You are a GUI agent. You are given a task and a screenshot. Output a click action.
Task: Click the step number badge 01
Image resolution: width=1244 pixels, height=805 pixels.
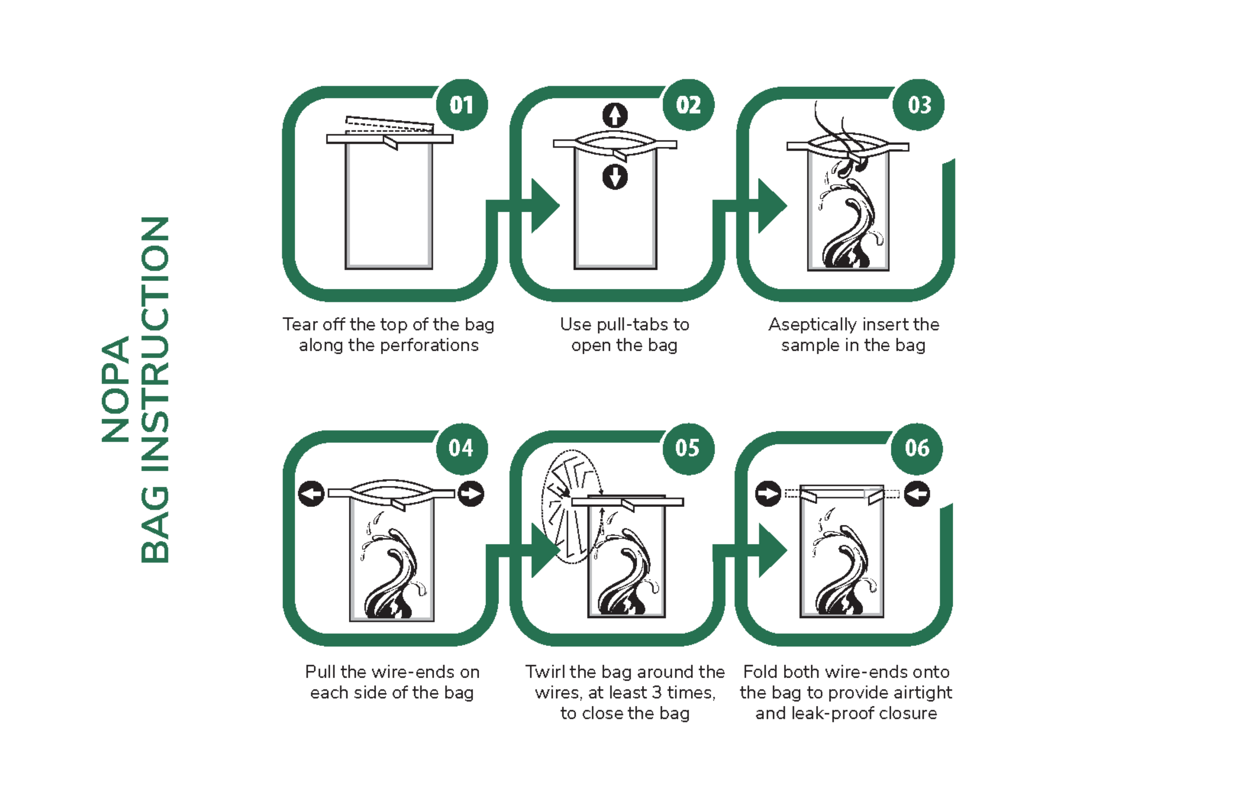[x=462, y=105]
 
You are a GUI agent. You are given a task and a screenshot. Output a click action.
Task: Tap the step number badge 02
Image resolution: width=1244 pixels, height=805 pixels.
[x=688, y=105]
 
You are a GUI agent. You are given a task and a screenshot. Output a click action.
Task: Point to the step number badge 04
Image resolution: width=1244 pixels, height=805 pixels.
[x=462, y=448]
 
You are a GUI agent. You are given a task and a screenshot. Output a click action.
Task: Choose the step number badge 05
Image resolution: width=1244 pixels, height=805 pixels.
[x=688, y=448]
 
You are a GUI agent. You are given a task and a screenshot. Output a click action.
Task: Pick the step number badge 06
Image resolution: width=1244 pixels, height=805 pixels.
[x=917, y=448]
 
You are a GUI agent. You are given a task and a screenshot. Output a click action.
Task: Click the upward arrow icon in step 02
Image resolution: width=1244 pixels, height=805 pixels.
[x=615, y=116]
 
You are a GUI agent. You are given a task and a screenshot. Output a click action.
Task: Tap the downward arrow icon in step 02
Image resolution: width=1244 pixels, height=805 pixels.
[x=615, y=177]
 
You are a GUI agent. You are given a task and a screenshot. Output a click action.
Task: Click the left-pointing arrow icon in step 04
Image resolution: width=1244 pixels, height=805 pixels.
[x=312, y=494]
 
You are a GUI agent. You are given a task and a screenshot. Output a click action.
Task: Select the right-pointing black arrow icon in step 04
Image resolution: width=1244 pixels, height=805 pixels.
[x=471, y=494]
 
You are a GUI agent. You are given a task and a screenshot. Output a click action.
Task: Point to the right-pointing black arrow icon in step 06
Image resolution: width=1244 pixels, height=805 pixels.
[x=768, y=494]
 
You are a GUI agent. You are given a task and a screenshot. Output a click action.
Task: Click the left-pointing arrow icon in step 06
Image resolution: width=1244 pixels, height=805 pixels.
[x=917, y=494]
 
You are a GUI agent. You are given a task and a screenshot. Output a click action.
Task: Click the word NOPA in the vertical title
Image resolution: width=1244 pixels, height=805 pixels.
[x=115, y=390]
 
